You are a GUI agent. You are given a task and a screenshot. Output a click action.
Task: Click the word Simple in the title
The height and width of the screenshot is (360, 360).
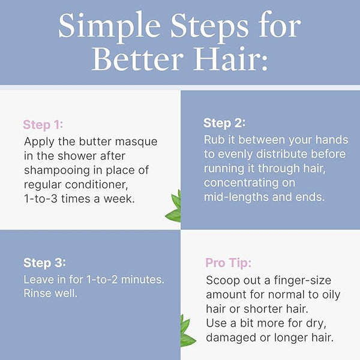109,26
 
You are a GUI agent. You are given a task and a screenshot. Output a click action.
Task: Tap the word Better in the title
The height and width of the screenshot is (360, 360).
138,59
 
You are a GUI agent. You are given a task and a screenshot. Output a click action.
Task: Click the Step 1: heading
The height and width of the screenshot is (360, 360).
43,125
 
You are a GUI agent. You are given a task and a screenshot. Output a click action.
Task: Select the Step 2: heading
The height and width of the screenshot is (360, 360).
224,123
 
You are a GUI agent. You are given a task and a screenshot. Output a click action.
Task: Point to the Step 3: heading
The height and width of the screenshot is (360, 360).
44,263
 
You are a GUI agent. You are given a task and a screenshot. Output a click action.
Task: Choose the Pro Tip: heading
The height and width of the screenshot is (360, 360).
229,263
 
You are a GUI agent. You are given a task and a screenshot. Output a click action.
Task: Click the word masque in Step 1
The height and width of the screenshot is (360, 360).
136,142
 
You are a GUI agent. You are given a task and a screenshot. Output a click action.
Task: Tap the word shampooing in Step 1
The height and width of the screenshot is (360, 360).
57,171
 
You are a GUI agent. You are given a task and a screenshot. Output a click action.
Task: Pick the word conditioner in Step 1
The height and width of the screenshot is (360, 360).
97,185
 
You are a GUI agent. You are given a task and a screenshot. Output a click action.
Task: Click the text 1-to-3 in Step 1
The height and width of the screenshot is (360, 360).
41,199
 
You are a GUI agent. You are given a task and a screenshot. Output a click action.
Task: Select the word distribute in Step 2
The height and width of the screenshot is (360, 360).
281,154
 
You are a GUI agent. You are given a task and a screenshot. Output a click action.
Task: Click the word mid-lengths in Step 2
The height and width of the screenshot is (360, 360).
236,197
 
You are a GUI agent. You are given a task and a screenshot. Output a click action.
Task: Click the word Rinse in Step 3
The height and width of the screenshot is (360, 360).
37,293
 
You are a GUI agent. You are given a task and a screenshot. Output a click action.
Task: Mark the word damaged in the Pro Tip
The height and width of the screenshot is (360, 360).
231,338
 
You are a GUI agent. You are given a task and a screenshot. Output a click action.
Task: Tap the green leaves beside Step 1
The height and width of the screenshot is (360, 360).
173,206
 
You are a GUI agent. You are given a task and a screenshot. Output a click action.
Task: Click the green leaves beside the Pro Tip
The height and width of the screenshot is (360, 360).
187,331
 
